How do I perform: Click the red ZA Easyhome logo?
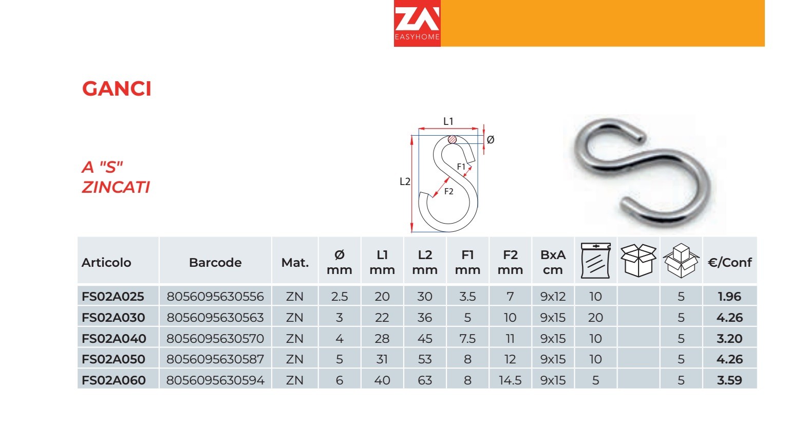pyautogui.click(x=417, y=23)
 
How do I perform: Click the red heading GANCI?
pyautogui.click(x=117, y=88)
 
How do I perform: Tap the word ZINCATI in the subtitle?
pyautogui.click(x=116, y=187)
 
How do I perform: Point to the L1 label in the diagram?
pyautogui.click(x=448, y=121)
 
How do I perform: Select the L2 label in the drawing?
pyautogui.click(x=405, y=181)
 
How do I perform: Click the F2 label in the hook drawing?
pyautogui.click(x=449, y=191)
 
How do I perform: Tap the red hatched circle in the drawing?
pyautogui.click(x=452, y=140)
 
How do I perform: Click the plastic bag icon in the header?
pyautogui.click(x=596, y=261)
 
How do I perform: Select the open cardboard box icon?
pyautogui.click(x=638, y=261)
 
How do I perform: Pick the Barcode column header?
pyautogui.click(x=215, y=262)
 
